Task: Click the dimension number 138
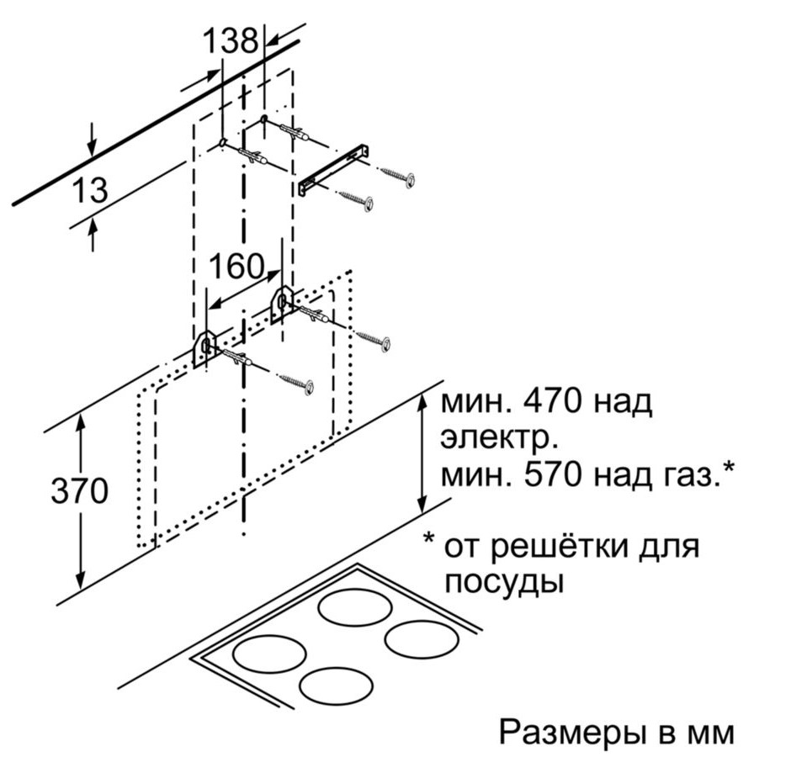click(231, 40)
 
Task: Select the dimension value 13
click(90, 189)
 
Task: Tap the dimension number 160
click(236, 267)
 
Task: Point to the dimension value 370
click(80, 490)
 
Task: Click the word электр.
click(499, 439)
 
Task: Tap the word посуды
click(503, 584)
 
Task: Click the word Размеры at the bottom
click(573, 733)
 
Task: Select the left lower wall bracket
click(204, 347)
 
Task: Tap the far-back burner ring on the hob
click(355, 607)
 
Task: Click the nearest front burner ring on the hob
click(336, 686)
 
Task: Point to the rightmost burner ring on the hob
click(422, 638)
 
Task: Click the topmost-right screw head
click(411, 179)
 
